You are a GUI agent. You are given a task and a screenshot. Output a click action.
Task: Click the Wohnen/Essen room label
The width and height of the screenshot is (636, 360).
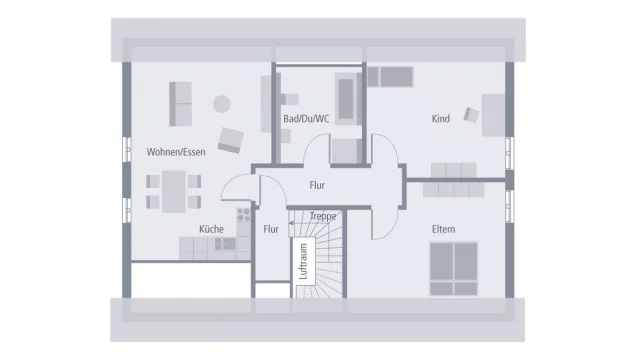[x=175, y=152]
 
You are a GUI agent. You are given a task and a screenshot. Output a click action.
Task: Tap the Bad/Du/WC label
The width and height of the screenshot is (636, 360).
[x=306, y=119]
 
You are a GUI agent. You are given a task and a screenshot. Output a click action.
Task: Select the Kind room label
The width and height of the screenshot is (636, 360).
[x=440, y=119]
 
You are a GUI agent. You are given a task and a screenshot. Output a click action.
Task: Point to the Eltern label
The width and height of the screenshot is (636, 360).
[x=443, y=229]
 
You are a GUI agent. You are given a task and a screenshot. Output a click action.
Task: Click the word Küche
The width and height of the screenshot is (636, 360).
[x=211, y=229]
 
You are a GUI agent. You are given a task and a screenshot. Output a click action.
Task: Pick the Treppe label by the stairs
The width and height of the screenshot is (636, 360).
[x=322, y=215]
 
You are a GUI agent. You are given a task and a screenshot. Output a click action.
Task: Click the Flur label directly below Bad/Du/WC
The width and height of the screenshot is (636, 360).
[x=317, y=185]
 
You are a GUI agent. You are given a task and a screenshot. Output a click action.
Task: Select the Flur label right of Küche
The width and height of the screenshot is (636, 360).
[x=271, y=229]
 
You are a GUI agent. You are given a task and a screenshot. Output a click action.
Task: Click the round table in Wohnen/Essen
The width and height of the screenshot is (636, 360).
[x=220, y=101]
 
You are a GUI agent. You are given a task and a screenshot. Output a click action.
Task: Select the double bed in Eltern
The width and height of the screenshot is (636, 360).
[x=455, y=269]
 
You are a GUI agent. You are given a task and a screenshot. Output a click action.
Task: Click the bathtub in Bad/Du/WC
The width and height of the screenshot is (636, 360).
[x=347, y=99]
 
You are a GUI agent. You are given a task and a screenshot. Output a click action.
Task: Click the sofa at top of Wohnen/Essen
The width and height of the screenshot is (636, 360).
[x=183, y=99]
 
